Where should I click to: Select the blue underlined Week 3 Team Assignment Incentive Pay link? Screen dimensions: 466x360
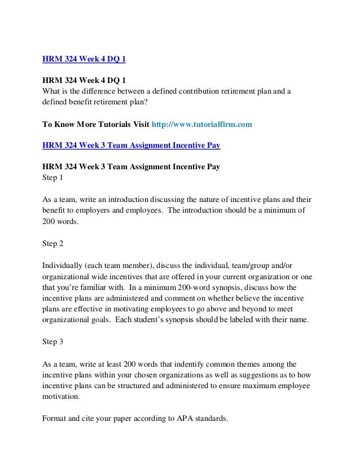pyautogui.click(x=131, y=146)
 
